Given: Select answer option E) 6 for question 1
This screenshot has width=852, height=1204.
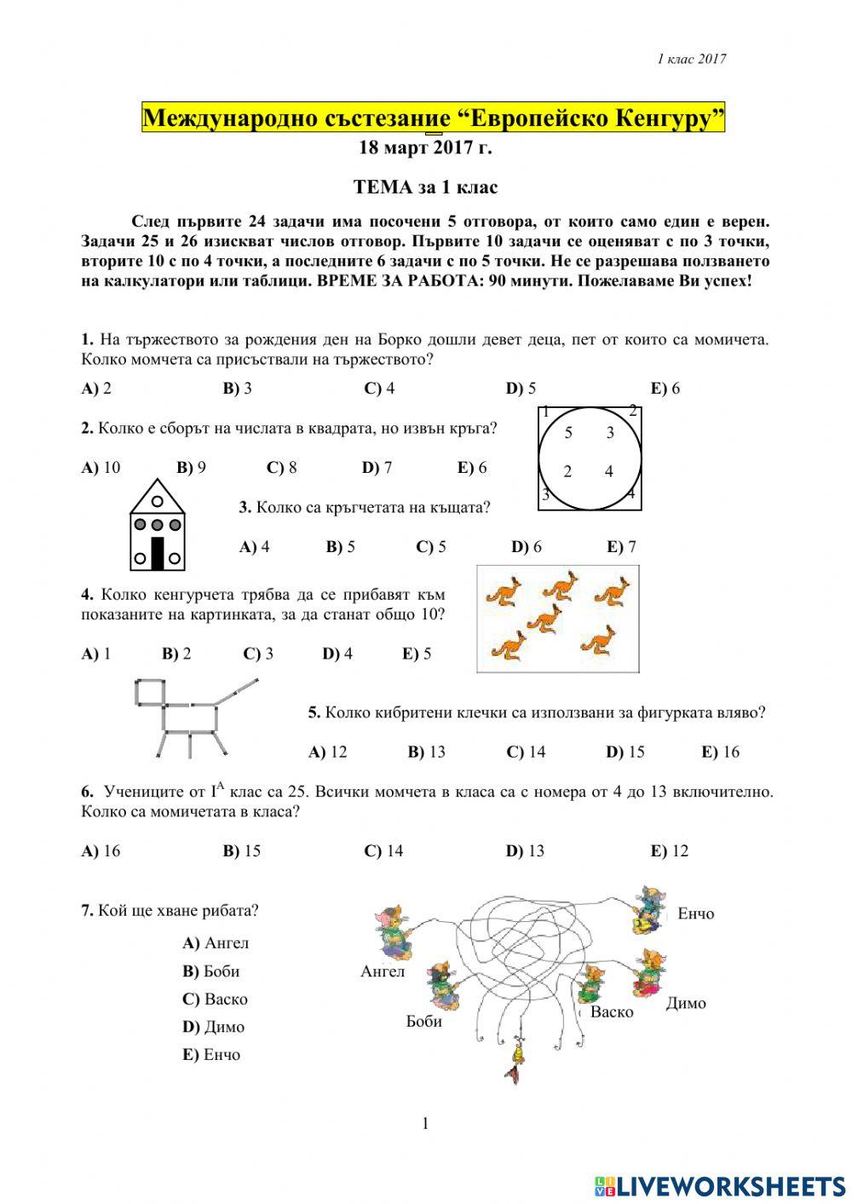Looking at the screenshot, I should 665,389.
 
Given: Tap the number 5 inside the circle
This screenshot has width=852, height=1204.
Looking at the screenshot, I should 568,433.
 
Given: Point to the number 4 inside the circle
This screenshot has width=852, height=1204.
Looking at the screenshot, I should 608,471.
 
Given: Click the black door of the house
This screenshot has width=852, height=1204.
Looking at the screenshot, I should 158,553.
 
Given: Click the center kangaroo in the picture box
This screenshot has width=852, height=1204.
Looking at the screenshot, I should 544,619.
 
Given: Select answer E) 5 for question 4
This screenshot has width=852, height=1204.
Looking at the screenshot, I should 417,654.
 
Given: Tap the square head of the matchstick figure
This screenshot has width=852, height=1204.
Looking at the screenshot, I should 150,693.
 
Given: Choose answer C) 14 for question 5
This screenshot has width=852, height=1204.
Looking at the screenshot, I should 526,752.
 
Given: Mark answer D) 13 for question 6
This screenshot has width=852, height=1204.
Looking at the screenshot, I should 525,850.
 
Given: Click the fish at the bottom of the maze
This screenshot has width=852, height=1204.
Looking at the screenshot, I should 515,1061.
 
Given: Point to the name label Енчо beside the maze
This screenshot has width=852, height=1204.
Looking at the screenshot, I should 696,913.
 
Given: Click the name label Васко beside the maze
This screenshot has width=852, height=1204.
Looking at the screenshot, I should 612,1012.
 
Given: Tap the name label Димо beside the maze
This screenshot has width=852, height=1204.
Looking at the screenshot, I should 686,1003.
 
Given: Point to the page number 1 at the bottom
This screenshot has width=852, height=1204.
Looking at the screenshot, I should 425,1124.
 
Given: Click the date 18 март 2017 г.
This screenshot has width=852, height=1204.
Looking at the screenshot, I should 425,147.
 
